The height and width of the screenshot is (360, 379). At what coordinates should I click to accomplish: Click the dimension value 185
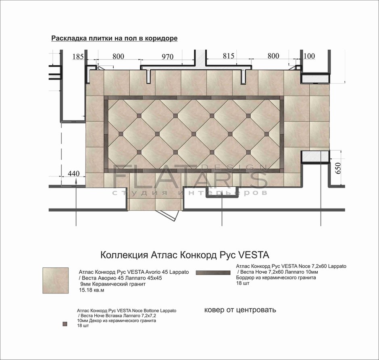(78, 57)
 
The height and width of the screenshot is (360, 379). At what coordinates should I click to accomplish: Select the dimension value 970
(167, 57)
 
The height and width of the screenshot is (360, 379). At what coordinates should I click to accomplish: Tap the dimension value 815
(229, 56)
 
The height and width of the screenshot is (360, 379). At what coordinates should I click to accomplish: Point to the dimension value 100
(309, 56)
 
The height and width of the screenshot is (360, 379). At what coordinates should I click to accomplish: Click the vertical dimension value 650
(338, 168)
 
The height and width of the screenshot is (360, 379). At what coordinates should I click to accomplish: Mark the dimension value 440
(73, 173)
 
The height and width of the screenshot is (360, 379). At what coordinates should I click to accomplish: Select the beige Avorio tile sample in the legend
(55, 281)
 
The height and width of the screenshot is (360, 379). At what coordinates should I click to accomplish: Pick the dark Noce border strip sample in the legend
(213, 273)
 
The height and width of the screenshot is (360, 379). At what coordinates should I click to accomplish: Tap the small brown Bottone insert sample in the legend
(65, 324)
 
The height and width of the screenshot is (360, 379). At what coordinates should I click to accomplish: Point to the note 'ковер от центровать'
(240, 310)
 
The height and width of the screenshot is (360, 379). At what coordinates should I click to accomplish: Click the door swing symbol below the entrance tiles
(167, 215)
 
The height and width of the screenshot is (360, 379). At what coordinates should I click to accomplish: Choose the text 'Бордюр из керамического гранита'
(276, 278)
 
